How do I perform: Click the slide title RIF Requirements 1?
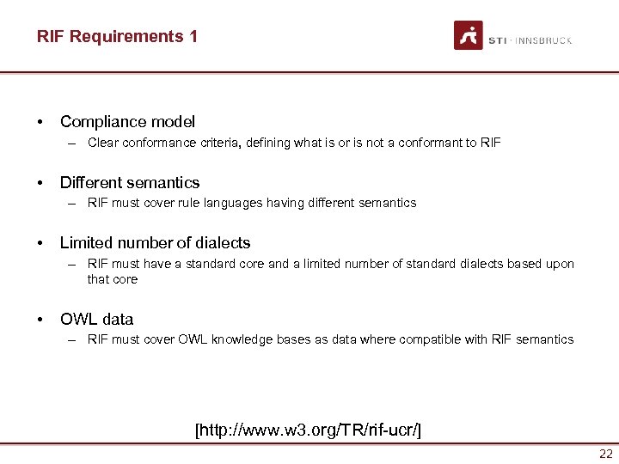click(x=117, y=36)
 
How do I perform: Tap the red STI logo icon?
click(x=469, y=35)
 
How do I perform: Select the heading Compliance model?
click(x=127, y=122)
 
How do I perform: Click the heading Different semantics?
click(x=129, y=182)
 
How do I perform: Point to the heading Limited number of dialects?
click(x=155, y=242)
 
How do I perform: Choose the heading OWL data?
click(x=96, y=319)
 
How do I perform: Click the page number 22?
click(x=606, y=454)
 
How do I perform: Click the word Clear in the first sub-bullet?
click(x=102, y=143)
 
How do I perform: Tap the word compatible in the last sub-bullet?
click(x=431, y=339)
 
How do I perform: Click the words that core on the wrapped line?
click(x=112, y=278)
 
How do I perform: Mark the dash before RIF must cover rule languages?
click(x=75, y=204)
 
